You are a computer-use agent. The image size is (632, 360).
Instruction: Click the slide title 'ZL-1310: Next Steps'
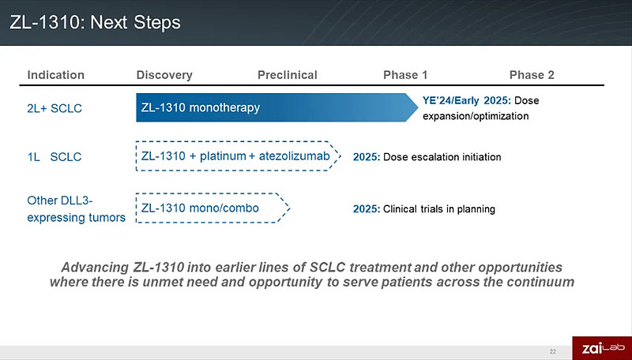click(95, 22)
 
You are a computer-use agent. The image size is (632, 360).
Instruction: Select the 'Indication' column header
click(55, 75)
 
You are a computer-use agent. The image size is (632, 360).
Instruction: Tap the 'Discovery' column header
click(164, 75)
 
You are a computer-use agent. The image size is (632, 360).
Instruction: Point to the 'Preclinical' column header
click(287, 75)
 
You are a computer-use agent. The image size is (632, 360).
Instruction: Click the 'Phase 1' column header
click(405, 75)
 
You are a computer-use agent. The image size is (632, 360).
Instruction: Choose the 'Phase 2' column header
click(532, 75)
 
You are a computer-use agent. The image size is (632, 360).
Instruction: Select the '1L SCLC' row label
click(54, 157)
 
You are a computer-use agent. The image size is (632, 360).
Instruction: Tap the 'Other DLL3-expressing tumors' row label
click(76, 208)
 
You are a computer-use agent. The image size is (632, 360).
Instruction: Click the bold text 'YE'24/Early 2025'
click(466, 101)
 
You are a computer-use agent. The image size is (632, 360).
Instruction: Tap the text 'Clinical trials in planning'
click(438, 209)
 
